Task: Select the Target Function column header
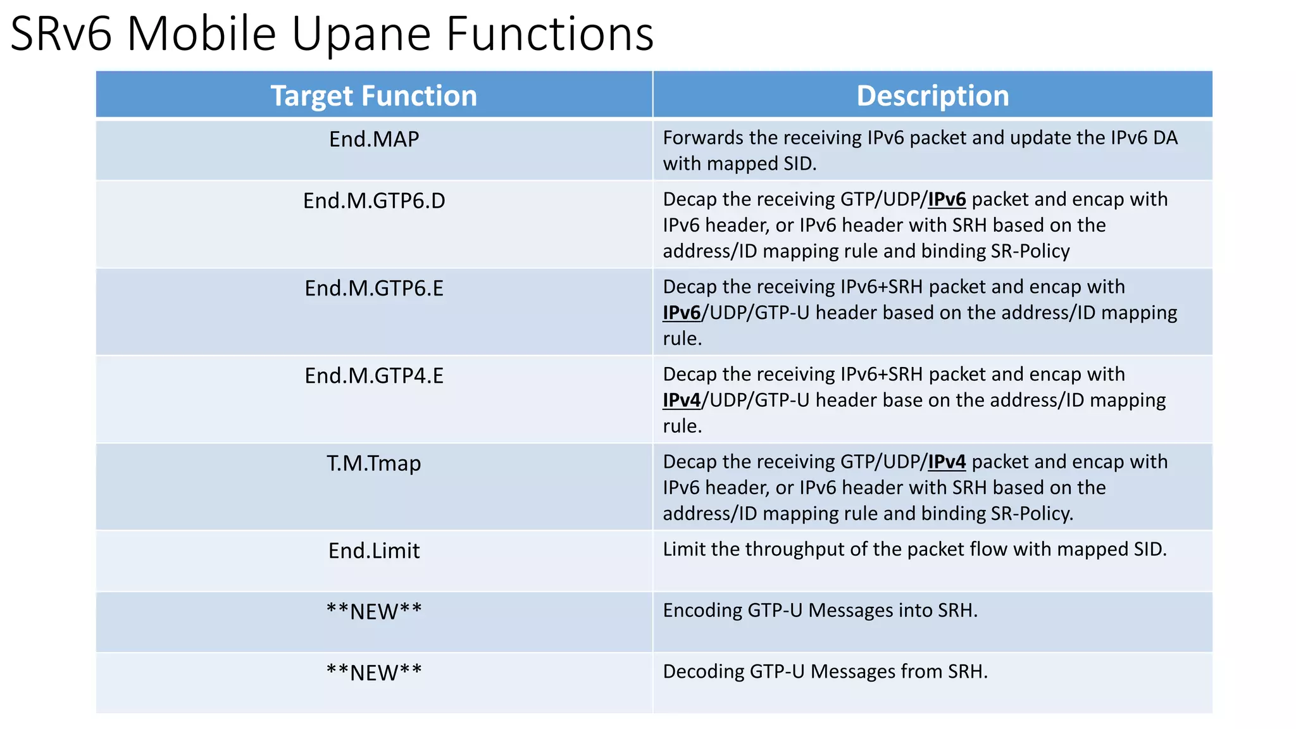coord(373,96)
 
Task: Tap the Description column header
coord(932,96)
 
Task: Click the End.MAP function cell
coord(373,139)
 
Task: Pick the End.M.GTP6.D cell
coord(373,201)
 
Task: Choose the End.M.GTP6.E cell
coord(373,288)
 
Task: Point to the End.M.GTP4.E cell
coord(373,375)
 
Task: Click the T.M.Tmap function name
coord(373,463)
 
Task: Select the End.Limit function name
coord(373,551)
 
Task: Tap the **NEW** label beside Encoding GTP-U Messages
coord(373,612)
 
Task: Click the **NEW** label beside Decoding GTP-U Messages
coord(373,673)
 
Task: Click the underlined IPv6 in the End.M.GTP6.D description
coord(947,199)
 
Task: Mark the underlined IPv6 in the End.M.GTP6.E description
coord(682,313)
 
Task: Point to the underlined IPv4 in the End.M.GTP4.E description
coord(682,400)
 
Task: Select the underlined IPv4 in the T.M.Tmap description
coord(947,462)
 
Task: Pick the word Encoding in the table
coord(702,611)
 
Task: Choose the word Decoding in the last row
coord(703,671)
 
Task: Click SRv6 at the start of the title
coord(61,34)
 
